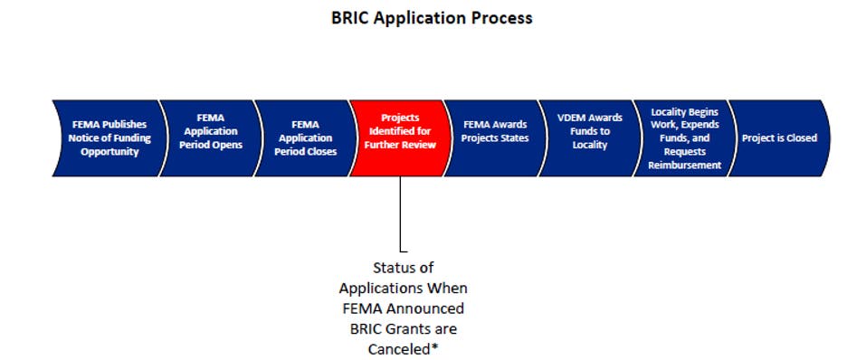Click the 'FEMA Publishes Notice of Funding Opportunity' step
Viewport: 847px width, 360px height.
click(x=108, y=138)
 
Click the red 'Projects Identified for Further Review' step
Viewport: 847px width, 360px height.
click(x=400, y=138)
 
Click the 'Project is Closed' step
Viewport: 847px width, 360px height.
click(x=779, y=138)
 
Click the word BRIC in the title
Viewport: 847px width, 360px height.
click(x=350, y=18)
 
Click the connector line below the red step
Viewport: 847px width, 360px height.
click(x=400, y=213)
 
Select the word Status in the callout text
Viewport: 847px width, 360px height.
click(x=404, y=268)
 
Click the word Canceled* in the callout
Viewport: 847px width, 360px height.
click(x=403, y=350)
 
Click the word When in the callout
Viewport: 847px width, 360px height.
click(x=447, y=289)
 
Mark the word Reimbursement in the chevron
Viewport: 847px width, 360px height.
click(x=685, y=166)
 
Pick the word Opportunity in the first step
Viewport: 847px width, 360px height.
click(x=109, y=152)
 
